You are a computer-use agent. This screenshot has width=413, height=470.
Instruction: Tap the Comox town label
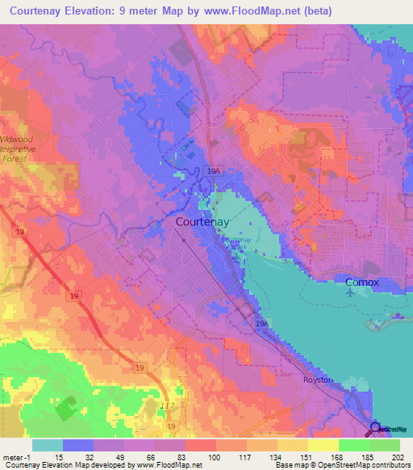(x=361, y=283)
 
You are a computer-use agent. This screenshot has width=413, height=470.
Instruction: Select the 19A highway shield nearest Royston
(x=261, y=323)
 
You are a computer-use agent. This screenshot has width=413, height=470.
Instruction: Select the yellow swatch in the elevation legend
(x=323, y=445)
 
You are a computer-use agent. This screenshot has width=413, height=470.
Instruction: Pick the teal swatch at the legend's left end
(x=47, y=445)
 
